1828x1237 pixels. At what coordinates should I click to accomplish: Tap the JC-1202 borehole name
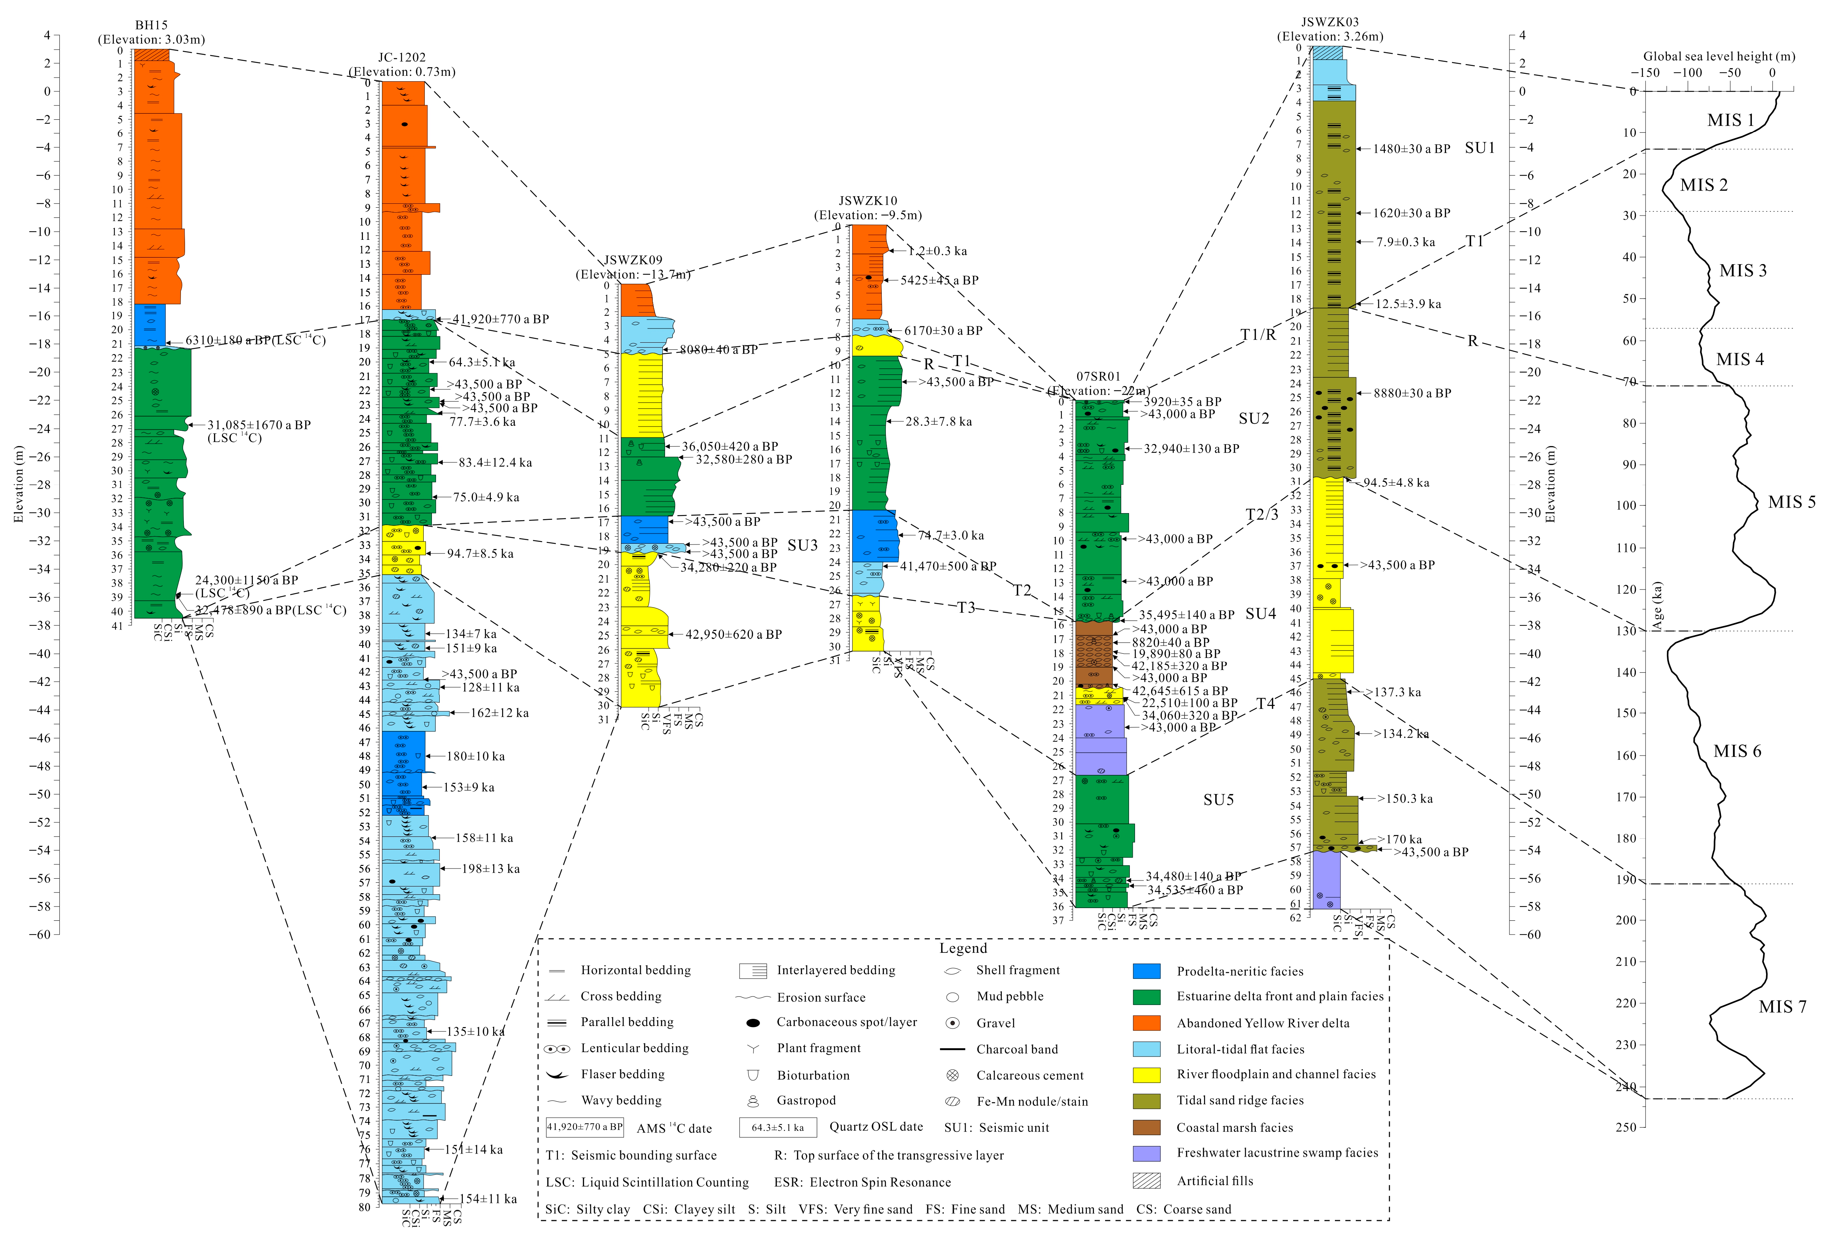coord(402,57)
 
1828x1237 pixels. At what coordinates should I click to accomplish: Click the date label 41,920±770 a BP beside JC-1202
coord(500,319)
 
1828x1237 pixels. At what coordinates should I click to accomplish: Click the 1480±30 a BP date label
coord(1411,149)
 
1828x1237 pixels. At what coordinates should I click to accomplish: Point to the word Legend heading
coord(963,948)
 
